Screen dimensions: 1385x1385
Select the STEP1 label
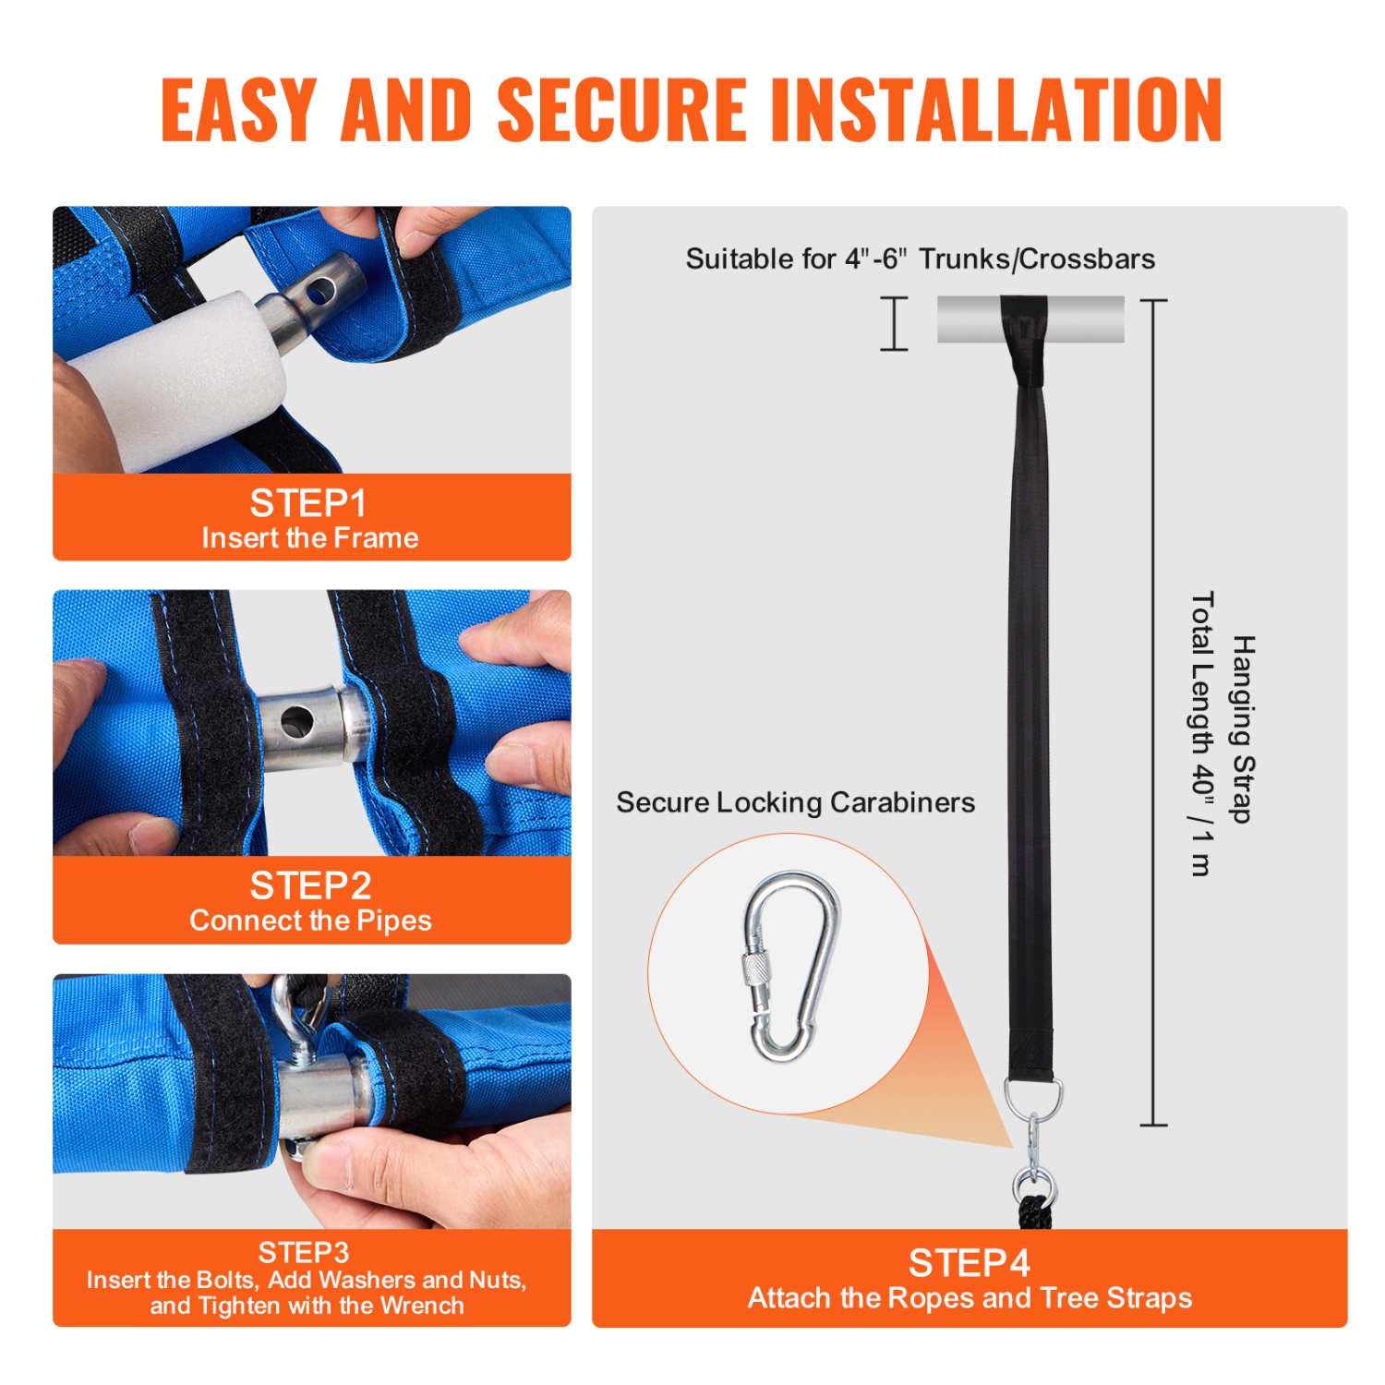tap(308, 503)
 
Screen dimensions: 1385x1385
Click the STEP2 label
tap(310, 885)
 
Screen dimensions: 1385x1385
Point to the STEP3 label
tap(304, 1252)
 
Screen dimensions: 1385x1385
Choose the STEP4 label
tap(969, 1262)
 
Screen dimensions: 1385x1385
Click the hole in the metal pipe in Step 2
tap(297, 721)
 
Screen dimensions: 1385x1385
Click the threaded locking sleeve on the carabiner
tap(757, 982)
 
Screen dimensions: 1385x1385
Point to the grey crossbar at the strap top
tap(1030, 319)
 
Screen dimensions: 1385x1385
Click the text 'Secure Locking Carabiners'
tap(795, 802)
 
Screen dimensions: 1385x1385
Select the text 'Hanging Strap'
tap(1244, 729)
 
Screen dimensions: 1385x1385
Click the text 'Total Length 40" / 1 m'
tap(1201, 733)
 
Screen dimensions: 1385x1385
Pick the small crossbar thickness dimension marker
tap(894, 323)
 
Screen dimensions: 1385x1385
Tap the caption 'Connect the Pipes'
tap(311, 921)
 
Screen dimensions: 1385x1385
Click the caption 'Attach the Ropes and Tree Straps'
tap(969, 1298)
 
